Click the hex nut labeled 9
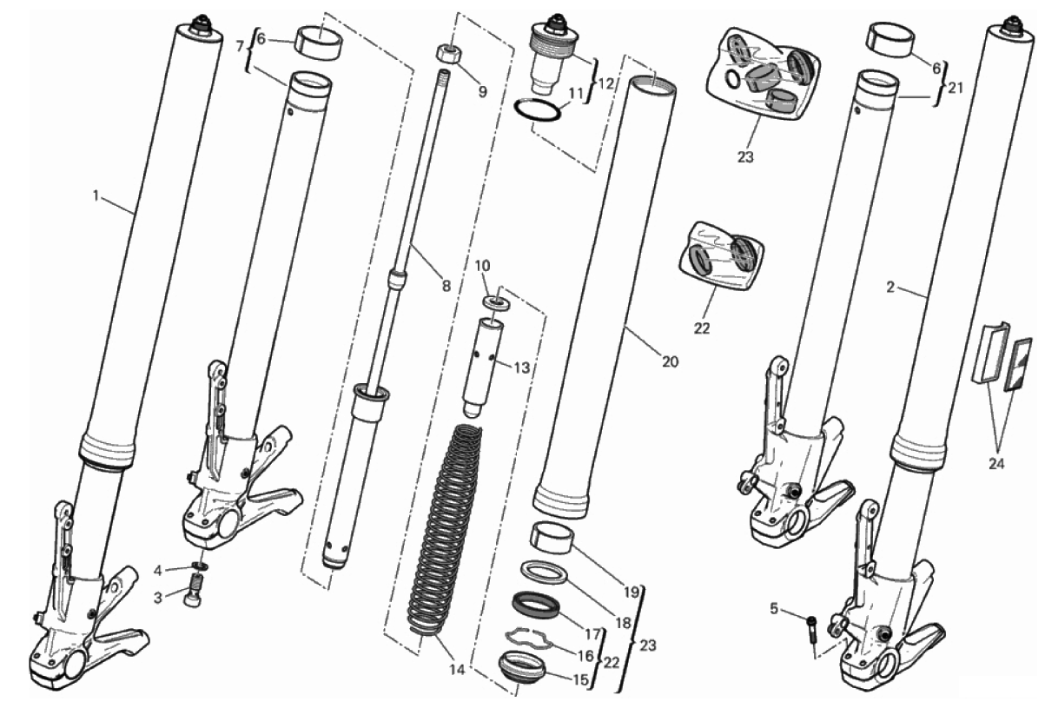click(x=449, y=52)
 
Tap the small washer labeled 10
click(x=497, y=302)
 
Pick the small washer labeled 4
click(x=200, y=566)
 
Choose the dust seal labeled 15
click(x=521, y=669)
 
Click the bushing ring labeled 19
click(x=552, y=538)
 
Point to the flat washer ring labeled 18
click(x=544, y=573)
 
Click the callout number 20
click(x=670, y=361)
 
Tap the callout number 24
click(x=996, y=464)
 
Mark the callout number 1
click(x=96, y=196)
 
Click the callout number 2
click(x=890, y=288)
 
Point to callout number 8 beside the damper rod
click(x=446, y=286)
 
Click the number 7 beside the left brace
click(x=240, y=46)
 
